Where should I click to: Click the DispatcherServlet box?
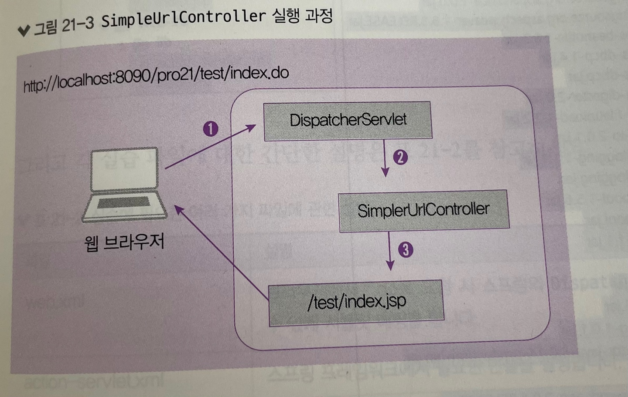tap(348, 121)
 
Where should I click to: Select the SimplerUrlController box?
tap(423, 210)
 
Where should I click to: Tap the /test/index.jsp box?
tap(356, 302)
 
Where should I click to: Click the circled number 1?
tap(211, 129)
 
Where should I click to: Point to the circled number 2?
tap(400, 157)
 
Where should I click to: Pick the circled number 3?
tap(406, 249)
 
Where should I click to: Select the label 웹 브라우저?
tap(124, 242)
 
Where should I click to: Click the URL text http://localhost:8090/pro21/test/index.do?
tap(156, 78)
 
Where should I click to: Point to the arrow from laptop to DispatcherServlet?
tap(209, 147)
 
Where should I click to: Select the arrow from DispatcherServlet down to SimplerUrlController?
tap(385, 158)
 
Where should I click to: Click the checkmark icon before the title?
tap(24, 31)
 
